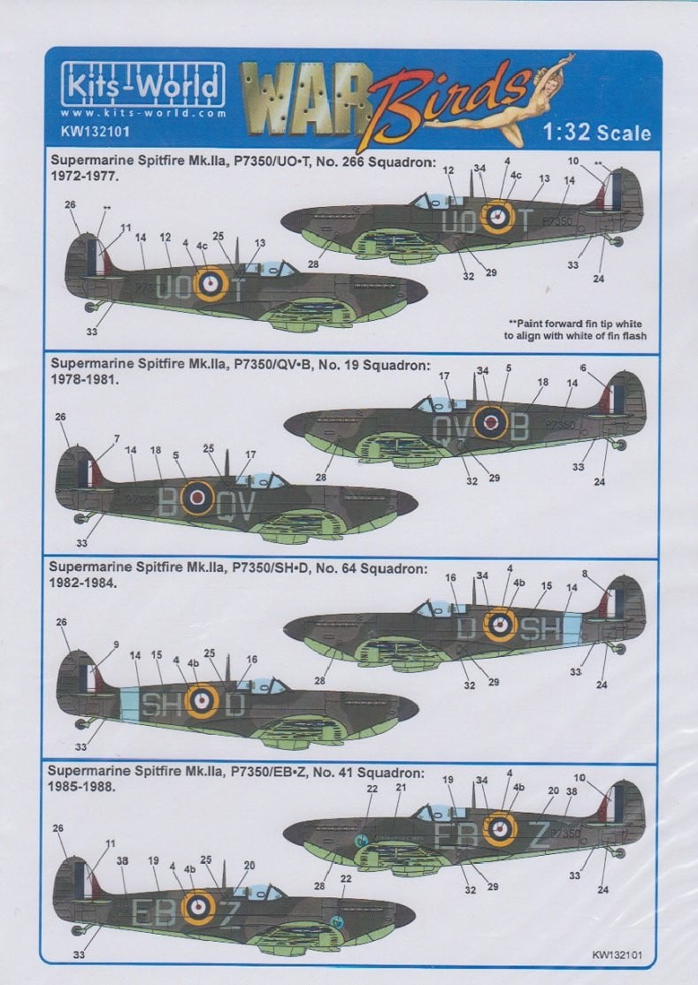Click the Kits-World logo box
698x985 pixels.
pos(142,84)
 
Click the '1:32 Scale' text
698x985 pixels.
pos(596,132)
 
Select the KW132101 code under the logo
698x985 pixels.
pos(86,131)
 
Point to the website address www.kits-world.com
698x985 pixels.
pos(143,114)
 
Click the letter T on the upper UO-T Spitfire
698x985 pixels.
pos(525,220)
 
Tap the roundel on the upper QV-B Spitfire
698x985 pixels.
pos(490,422)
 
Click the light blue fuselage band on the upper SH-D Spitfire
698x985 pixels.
pos(571,629)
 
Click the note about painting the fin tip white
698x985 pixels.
pos(575,330)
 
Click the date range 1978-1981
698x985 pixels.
pos(85,379)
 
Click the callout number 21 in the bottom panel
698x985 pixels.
pos(401,787)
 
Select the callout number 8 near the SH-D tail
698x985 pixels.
pos(585,573)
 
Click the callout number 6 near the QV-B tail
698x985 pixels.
pos(583,368)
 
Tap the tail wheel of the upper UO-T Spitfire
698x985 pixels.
pos(617,241)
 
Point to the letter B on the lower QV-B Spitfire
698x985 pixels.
pos(167,502)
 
